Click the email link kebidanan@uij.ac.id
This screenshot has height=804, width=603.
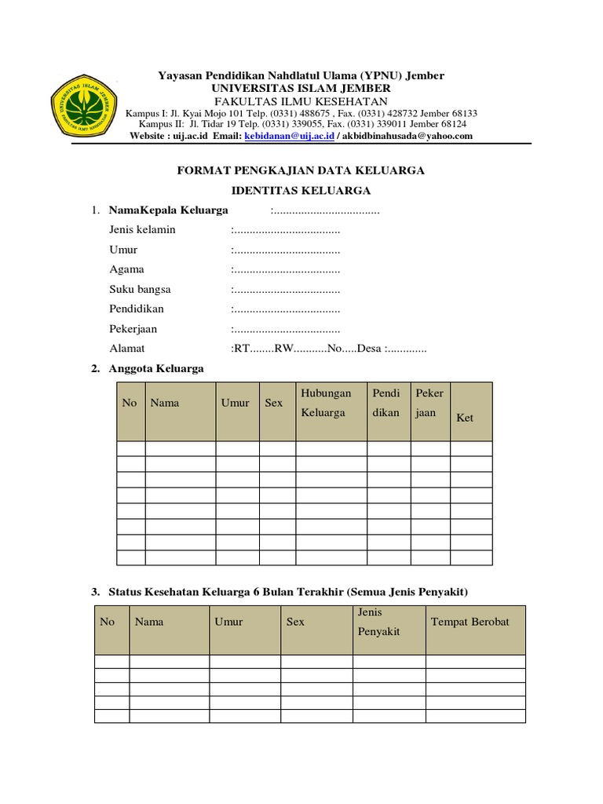tap(290, 136)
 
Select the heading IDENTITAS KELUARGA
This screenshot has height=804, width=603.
tap(301, 190)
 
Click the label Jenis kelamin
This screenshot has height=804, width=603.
tap(142, 230)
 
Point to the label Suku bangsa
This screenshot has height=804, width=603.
tap(141, 289)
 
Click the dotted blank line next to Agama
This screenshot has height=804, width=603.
tap(287, 269)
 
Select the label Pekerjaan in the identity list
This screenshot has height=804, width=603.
tap(137, 328)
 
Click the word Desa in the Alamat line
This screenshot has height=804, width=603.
tap(369, 348)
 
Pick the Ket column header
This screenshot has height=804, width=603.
tap(465, 418)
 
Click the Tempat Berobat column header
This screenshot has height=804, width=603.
tap(470, 622)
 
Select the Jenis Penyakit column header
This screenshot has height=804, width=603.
tap(378, 621)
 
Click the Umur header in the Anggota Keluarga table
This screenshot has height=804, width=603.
tap(235, 403)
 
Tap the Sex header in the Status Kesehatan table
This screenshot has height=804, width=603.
tap(295, 622)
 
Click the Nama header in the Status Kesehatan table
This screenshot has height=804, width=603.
tap(149, 622)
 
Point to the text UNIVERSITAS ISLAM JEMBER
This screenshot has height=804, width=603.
tap(301, 89)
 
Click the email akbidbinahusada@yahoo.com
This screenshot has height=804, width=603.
tap(407, 136)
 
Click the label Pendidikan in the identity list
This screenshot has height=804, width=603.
tap(137, 309)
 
